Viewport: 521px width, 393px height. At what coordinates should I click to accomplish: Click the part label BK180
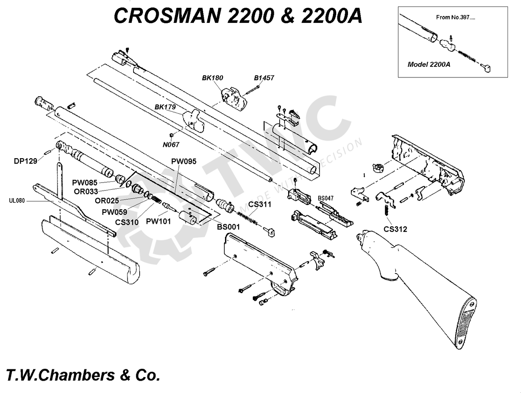212,78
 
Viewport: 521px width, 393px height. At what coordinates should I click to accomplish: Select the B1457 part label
264,78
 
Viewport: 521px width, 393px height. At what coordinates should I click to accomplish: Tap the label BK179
165,107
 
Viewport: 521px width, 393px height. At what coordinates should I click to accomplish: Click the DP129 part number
25,161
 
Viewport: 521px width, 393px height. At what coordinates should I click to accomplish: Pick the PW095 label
184,161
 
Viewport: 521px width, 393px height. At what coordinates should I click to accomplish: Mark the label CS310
127,222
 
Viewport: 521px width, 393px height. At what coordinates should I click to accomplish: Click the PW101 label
158,221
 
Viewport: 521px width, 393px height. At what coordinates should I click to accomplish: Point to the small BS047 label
326,199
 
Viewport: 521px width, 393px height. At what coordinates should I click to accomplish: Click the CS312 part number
395,229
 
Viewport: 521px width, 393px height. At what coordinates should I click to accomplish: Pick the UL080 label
16,201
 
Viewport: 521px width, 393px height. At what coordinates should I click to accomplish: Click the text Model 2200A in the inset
429,64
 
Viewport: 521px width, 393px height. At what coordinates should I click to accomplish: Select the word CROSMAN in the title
165,16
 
